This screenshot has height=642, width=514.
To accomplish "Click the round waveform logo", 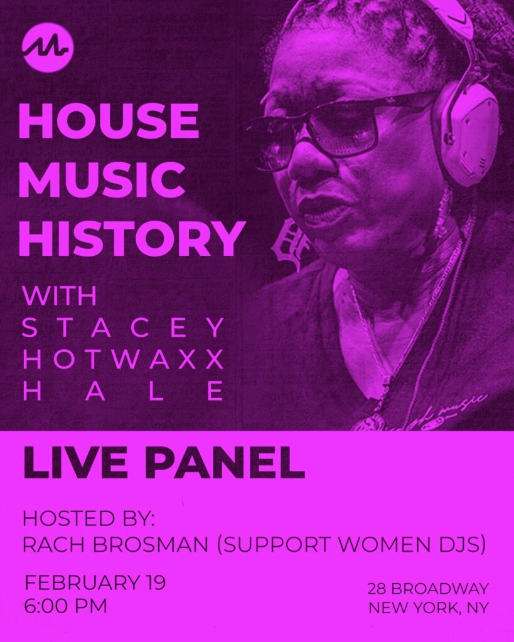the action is [x=48, y=48].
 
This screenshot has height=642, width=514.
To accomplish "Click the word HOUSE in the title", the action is [x=109, y=121].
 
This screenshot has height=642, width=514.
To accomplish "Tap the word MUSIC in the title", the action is [x=102, y=180].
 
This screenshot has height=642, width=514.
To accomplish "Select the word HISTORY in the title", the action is [x=132, y=239].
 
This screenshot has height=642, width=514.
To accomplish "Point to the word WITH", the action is [x=60, y=296].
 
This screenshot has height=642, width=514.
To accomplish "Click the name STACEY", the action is [x=124, y=327].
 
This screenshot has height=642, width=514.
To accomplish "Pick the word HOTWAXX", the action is [x=124, y=359].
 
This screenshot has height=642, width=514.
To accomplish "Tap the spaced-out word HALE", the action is [x=124, y=391].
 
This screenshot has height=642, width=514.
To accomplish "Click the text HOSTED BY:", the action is [x=88, y=518].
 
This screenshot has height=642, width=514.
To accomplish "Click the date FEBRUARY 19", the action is [x=95, y=582].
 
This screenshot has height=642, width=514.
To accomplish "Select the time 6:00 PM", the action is [x=65, y=606].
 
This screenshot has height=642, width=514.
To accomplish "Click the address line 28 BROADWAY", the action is [x=428, y=589].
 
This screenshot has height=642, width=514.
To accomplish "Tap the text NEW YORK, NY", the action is [x=429, y=608].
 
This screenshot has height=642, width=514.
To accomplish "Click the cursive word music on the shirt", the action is [x=463, y=406].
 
